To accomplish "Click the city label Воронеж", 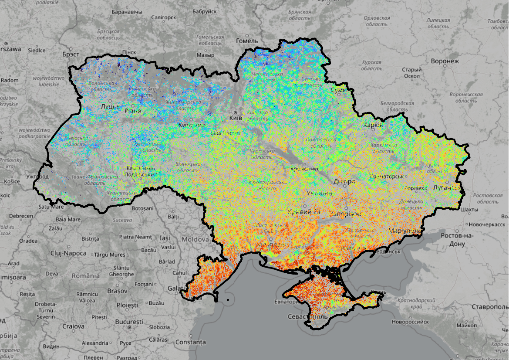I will [445, 61].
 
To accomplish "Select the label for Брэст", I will [70, 55].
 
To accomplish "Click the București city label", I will [129, 322].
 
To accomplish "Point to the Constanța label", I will [190, 342].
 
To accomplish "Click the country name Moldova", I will [196, 239].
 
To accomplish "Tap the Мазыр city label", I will [206, 55].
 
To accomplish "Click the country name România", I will [86, 275].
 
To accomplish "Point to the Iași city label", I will [165, 238].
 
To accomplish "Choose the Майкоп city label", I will [467, 325].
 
